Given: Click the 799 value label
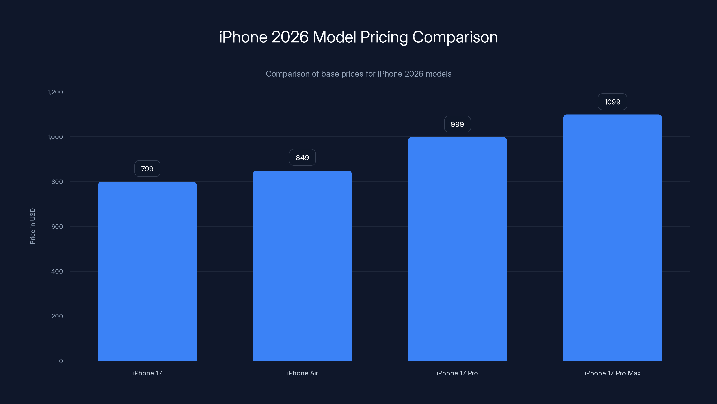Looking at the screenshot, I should pyautogui.click(x=147, y=169).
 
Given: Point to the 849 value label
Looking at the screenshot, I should pyautogui.click(x=302, y=158).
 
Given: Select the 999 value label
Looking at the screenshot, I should pyautogui.click(x=457, y=124).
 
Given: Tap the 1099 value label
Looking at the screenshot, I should pyautogui.click(x=612, y=102).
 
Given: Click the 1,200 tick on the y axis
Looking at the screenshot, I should pyautogui.click(x=55, y=92).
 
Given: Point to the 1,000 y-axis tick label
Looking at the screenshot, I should pyautogui.click(x=55, y=137).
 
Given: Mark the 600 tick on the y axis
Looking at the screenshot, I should pyautogui.click(x=57, y=227).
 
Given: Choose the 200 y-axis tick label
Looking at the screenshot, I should pyautogui.click(x=57, y=316).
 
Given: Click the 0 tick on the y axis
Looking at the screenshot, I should pyautogui.click(x=61, y=361).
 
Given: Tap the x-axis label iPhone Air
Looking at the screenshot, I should pyautogui.click(x=302, y=373).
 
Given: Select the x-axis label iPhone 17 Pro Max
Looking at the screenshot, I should pyautogui.click(x=612, y=373).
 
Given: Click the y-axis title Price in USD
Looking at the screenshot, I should pyautogui.click(x=32, y=226).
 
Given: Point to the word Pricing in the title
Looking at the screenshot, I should pyautogui.click(x=384, y=37).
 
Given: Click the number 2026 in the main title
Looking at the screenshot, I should pyautogui.click(x=290, y=37).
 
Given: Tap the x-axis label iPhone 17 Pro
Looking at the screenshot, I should pyautogui.click(x=457, y=373).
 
